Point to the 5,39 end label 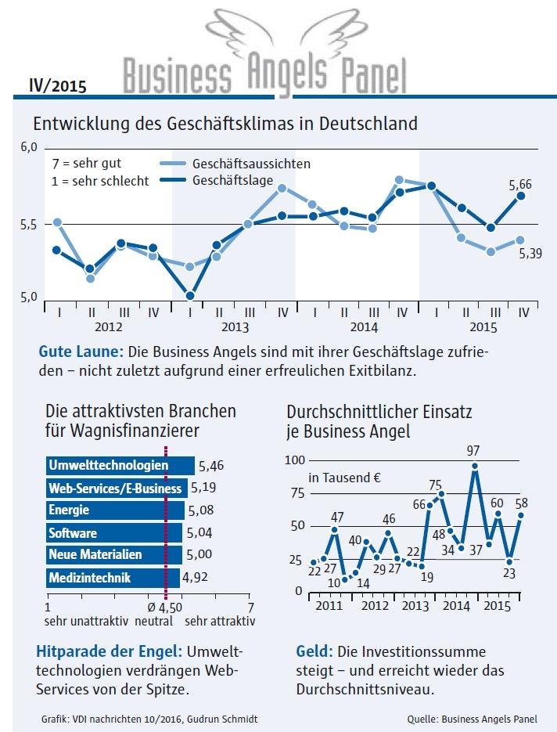point(530,254)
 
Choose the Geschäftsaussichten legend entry point(235,164)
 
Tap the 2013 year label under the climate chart point(235,327)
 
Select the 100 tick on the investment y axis point(293,460)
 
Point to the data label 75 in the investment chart point(436,485)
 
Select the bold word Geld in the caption point(313,651)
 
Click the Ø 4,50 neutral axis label point(165,608)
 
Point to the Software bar point(113,533)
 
